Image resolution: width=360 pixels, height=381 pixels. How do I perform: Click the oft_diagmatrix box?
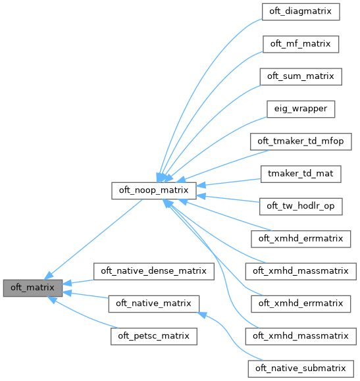pyautogui.click(x=300, y=12)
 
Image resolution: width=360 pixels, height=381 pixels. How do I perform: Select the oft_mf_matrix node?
pyautogui.click(x=300, y=44)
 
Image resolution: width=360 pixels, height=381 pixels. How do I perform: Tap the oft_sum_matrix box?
pyautogui.click(x=300, y=76)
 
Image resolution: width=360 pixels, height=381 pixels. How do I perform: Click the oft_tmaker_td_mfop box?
pyautogui.click(x=301, y=141)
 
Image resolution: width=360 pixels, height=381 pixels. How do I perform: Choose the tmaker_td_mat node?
pyautogui.click(x=301, y=173)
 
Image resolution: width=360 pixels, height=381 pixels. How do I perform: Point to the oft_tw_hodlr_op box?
pyautogui.click(x=301, y=206)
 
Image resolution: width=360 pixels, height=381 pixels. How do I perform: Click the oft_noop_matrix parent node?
pyautogui.click(x=155, y=190)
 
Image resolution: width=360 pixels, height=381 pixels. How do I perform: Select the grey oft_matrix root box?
pyautogui.click(x=33, y=287)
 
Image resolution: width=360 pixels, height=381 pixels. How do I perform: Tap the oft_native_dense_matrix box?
pyautogui.click(x=155, y=270)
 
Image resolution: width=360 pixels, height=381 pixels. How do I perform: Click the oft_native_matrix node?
pyautogui.click(x=154, y=303)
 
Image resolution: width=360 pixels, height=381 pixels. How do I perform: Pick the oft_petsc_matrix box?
pyautogui.click(x=154, y=335)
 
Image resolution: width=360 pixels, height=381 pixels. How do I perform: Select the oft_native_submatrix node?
pyautogui.click(x=301, y=367)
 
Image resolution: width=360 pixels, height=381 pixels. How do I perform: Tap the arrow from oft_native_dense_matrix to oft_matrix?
pyautogui.click(x=79, y=280)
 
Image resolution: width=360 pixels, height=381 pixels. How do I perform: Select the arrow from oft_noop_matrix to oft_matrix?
pyautogui.click(x=99, y=236)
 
